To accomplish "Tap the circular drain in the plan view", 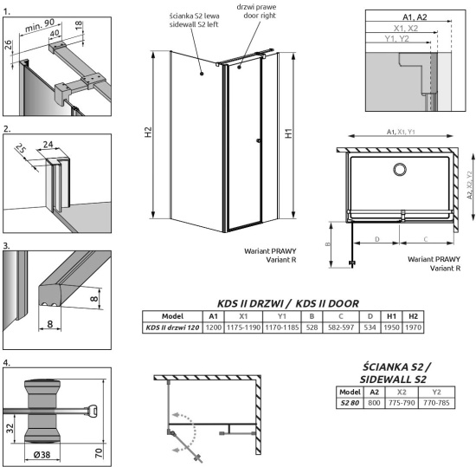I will click(401, 171).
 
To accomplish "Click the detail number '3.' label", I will click(8, 246).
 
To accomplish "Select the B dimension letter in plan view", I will click(330, 244).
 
